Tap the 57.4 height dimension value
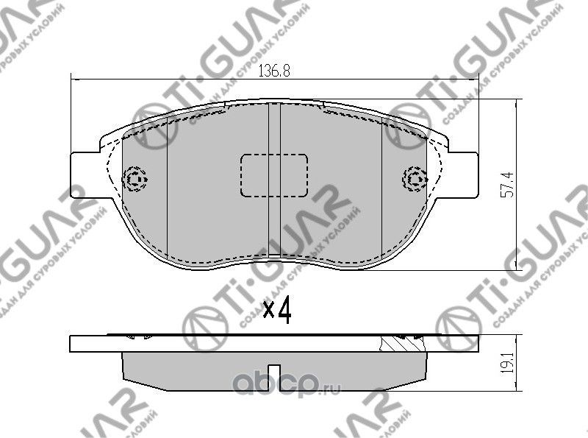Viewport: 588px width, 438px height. point(506,184)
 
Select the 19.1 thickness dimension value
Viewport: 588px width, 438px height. point(506,363)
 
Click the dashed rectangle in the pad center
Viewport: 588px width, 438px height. point(273,175)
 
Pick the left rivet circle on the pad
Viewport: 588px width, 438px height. point(136,178)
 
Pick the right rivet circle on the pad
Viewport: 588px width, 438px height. point(415,178)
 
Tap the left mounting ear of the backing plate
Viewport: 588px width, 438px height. point(85,175)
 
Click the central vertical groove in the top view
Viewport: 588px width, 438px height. point(274,125)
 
